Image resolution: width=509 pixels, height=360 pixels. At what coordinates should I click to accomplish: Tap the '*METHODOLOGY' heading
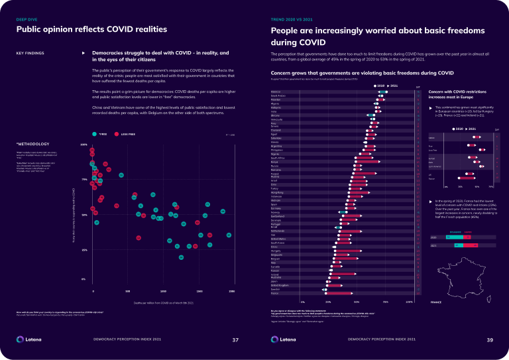[x=30, y=143]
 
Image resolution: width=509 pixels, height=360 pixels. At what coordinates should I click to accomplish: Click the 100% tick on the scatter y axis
[x=84, y=144]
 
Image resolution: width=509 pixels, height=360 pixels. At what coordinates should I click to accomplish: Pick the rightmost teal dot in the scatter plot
[x=229, y=235]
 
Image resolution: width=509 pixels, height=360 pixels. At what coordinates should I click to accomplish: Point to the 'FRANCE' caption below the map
[x=436, y=302]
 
